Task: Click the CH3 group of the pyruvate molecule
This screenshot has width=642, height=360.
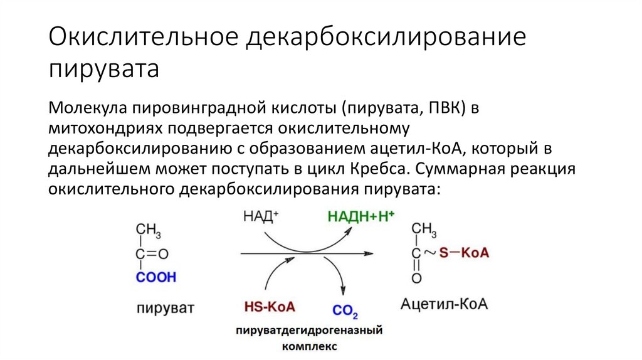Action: [149, 231]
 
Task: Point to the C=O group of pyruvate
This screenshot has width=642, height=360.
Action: [152, 254]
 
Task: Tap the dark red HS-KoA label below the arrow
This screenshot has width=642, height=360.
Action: [269, 307]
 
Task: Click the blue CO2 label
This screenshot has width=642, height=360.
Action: [345, 310]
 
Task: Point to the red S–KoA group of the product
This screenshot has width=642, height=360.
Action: [465, 253]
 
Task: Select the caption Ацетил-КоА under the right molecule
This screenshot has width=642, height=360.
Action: [445, 305]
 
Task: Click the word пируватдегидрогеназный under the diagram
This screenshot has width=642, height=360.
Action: [309, 330]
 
